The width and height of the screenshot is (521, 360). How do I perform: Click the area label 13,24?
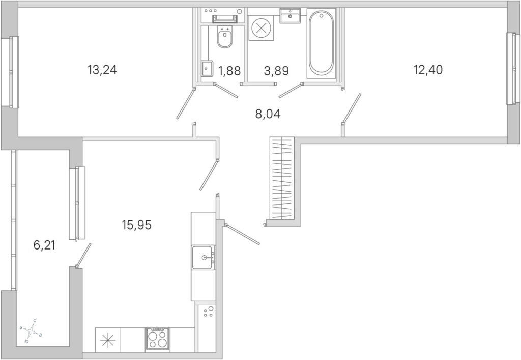click(102, 70)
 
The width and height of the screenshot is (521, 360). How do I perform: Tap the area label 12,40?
click(428, 70)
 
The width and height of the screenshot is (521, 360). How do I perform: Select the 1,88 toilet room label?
click(229, 70)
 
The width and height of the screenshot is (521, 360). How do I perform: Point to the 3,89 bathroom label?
click(276, 70)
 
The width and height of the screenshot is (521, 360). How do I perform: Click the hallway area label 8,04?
click(268, 114)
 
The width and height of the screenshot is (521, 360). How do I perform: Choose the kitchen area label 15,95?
click(136, 225)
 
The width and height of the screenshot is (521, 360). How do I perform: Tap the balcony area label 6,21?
click(44, 245)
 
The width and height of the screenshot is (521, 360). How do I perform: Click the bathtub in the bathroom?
click(321, 43)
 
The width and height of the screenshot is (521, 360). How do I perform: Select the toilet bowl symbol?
click(224, 37)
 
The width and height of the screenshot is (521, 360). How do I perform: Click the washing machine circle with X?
click(261, 28)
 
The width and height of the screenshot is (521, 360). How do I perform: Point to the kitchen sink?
click(204, 258)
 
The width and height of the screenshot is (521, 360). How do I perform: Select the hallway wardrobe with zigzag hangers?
click(282, 178)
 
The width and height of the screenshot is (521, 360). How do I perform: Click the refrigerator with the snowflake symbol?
click(108, 340)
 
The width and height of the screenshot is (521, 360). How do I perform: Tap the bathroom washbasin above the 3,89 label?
click(290, 16)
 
